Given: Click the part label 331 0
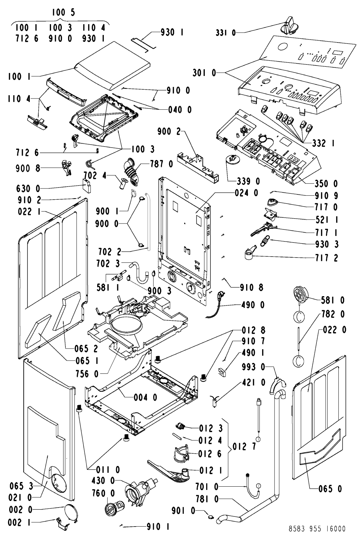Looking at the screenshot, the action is (226, 32).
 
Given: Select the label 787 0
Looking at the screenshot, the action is (161, 164).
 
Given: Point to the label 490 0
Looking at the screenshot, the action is (253, 305).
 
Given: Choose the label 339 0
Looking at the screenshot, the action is (248, 181).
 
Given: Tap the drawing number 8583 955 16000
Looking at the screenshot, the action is (317, 529).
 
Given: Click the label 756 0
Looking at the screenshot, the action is (87, 374).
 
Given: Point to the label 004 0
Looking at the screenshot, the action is (145, 398).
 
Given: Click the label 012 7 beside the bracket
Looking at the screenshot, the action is (244, 447).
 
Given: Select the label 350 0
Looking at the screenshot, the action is (326, 184).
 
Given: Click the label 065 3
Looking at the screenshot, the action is (21, 486).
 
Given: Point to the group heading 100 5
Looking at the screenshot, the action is (63, 12).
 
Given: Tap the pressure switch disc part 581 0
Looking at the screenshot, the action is (301, 296).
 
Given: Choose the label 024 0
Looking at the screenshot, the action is (246, 193).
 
